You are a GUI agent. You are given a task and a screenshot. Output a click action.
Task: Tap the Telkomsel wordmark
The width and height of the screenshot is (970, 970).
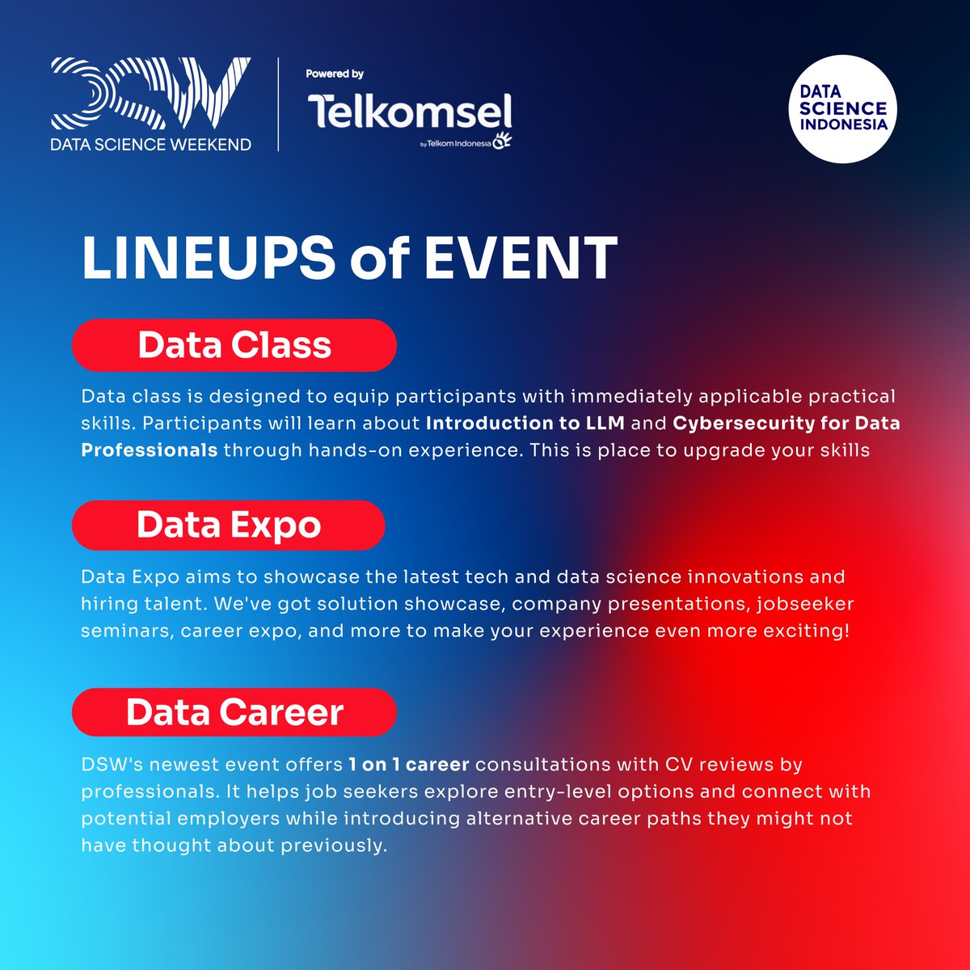pos(409,112)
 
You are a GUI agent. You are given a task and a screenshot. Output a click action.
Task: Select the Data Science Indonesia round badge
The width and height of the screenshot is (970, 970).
pos(843,109)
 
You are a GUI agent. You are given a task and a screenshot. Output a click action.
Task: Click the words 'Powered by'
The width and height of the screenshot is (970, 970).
pos(335,74)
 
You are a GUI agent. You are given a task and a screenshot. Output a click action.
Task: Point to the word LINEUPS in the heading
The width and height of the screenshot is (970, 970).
pos(208,259)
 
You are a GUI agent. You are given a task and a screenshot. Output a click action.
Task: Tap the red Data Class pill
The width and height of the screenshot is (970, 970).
pos(234,345)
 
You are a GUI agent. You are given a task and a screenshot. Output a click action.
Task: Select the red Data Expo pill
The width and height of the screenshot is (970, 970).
pos(229,525)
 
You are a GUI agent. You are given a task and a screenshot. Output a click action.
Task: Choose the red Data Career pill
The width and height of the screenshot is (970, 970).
pos(234,713)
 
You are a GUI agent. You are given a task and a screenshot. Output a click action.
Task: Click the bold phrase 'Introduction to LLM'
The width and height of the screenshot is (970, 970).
pos(525,424)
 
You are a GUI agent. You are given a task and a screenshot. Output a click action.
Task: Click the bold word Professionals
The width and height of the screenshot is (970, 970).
pos(150,450)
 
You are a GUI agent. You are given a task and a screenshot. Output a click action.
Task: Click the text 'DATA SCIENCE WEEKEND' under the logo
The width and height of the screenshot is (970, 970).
pos(150,144)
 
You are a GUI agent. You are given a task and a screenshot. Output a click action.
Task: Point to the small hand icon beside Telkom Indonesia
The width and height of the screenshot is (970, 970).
pos(503,141)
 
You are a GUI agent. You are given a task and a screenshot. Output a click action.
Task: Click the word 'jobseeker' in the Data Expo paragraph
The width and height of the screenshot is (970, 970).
pos(808,604)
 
